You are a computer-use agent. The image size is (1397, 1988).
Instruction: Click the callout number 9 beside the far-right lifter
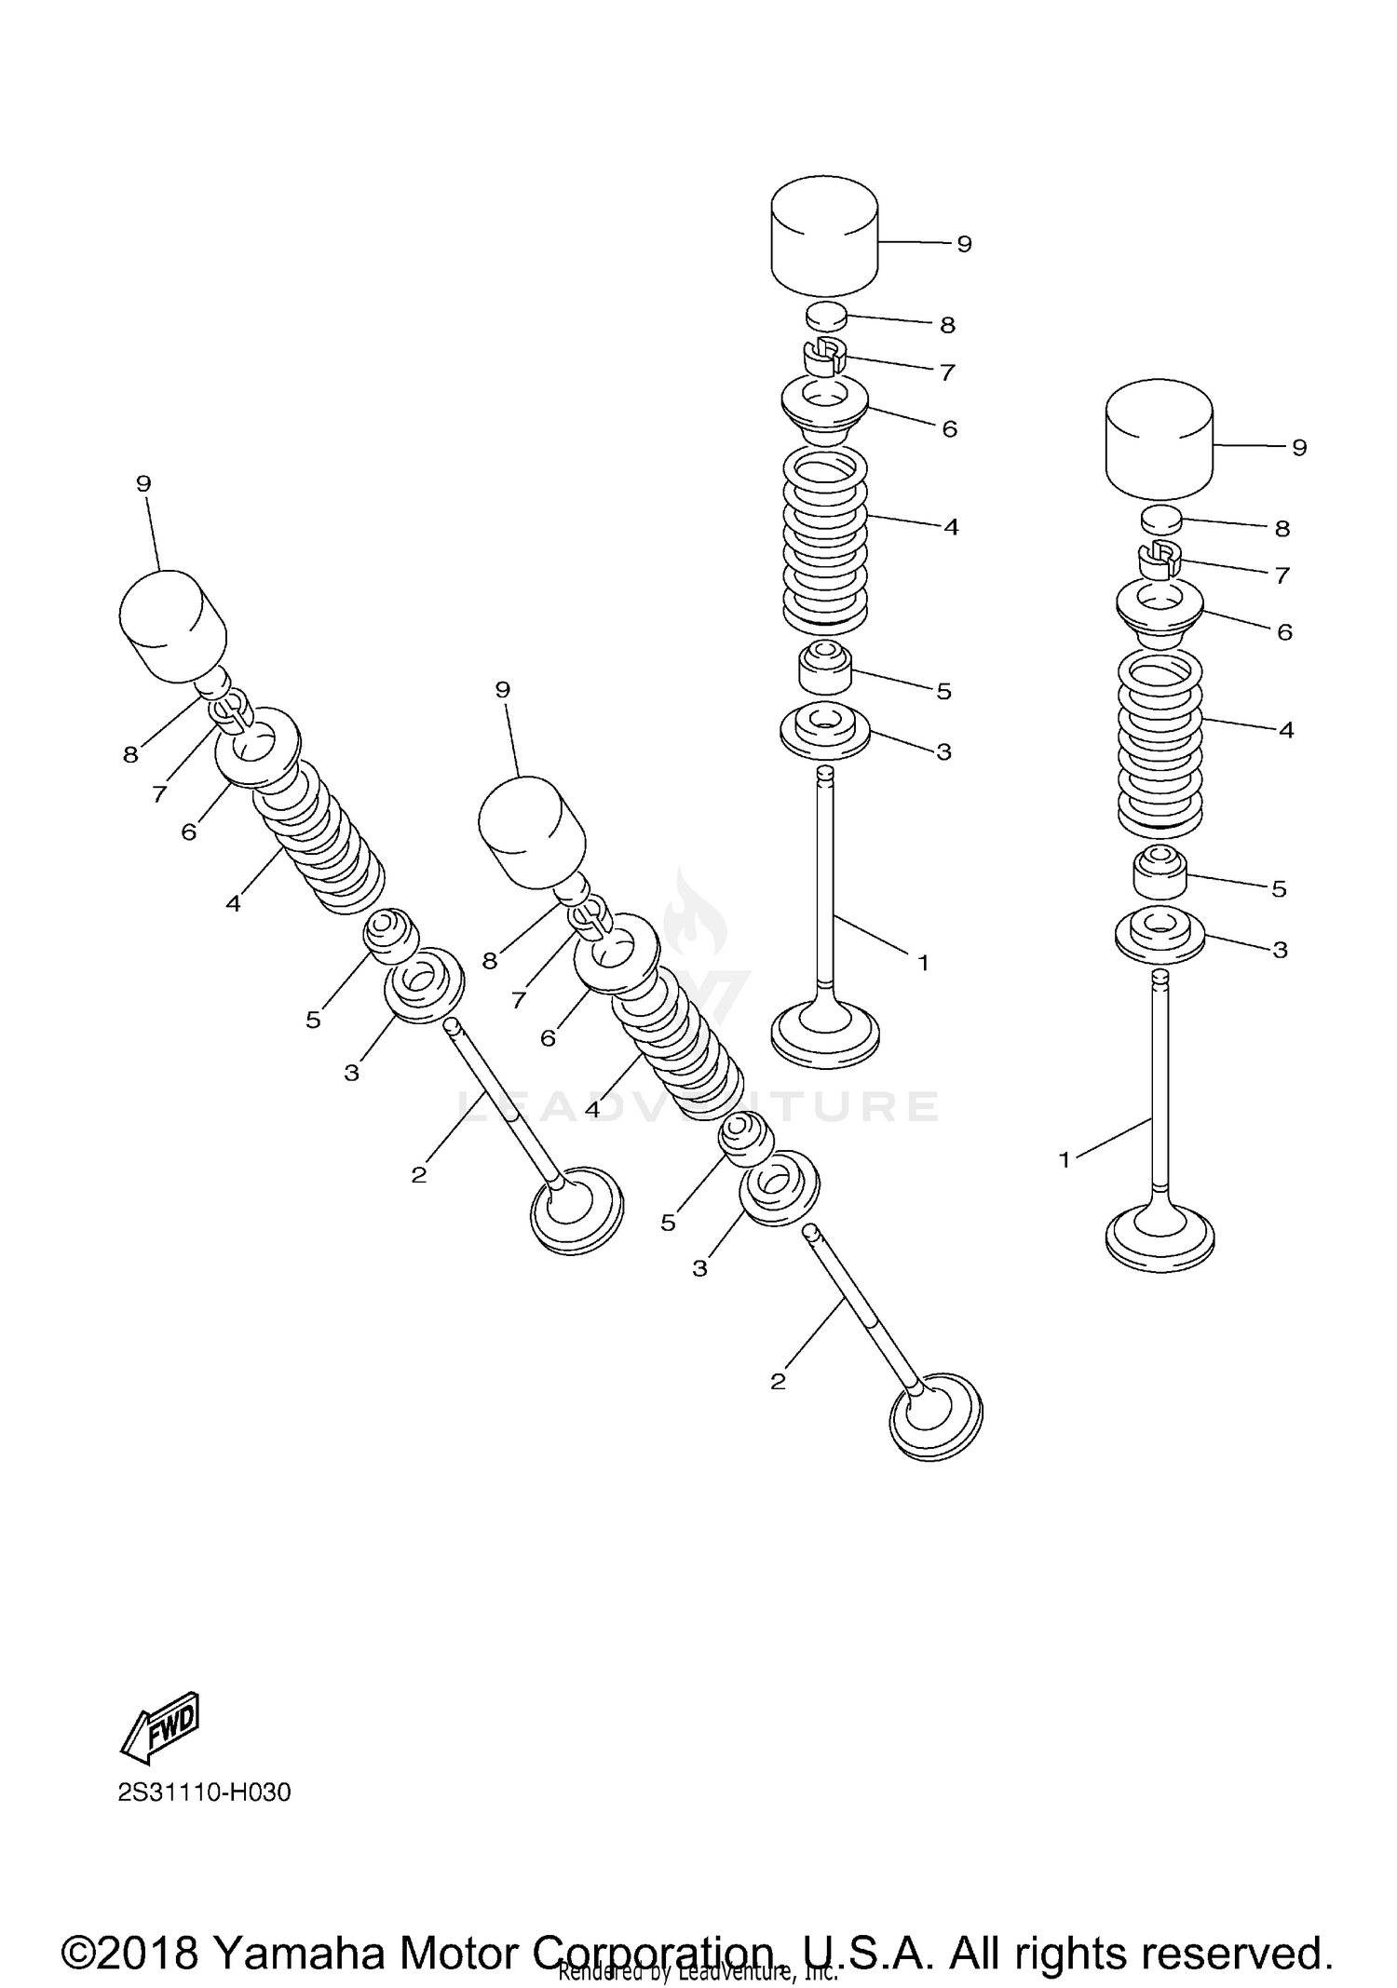tap(1299, 448)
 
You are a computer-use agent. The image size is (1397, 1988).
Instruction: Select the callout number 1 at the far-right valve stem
tap(1065, 1159)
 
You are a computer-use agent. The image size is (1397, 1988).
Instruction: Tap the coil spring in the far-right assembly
tap(1160, 740)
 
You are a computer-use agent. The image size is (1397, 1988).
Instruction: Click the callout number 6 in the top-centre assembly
tap(949, 429)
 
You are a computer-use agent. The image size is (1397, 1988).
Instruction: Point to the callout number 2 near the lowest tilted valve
tap(779, 1381)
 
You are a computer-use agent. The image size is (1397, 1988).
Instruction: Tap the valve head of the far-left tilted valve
tap(576, 1210)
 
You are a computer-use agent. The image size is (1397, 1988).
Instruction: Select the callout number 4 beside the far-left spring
tap(233, 903)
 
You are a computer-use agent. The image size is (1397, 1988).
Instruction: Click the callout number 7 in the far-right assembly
tap(1282, 575)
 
